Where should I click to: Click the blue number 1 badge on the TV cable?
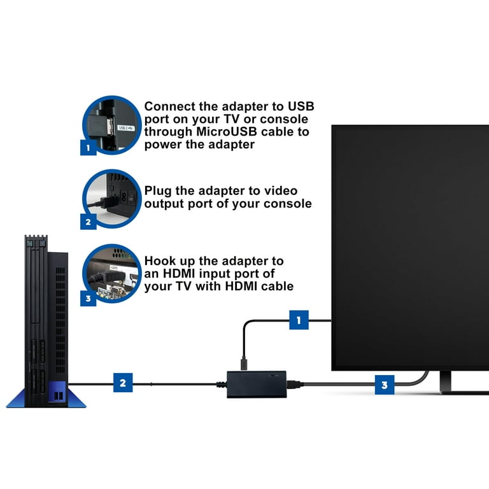coord(299,320)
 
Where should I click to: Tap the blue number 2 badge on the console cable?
coord(123,383)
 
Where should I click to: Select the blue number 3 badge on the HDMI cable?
coord(385,385)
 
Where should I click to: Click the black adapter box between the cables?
coord(257,384)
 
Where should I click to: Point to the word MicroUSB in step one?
coord(227,132)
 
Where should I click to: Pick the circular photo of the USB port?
coord(111,125)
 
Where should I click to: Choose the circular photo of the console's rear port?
coord(111,199)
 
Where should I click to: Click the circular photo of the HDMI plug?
coord(111,274)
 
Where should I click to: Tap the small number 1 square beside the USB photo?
coord(89,147)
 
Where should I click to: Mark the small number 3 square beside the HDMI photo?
coord(89,299)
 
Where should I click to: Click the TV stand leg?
coord(445,382)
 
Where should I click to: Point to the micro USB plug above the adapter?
coord(244,364)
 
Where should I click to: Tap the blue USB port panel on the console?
coord(57,393)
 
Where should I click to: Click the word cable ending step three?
coord(277,287)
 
